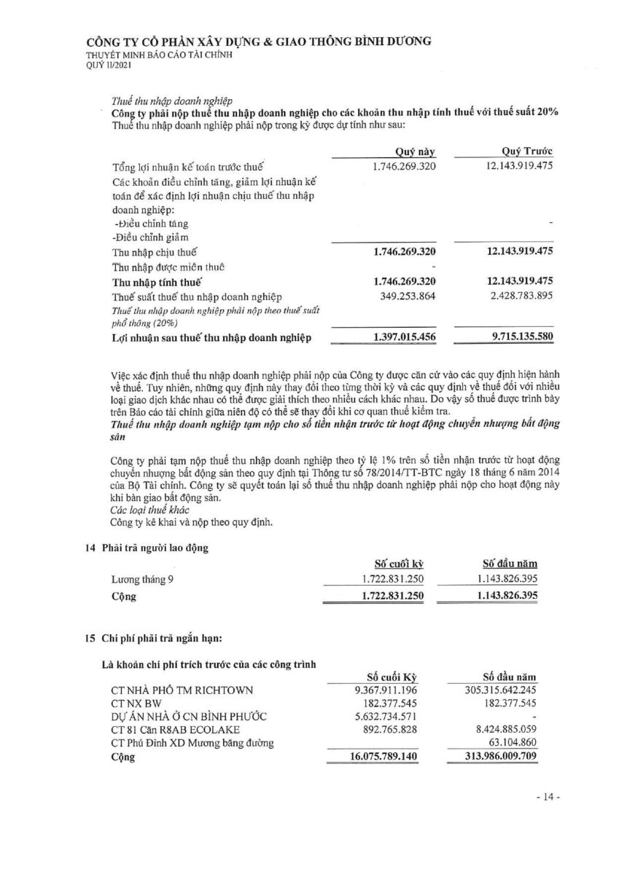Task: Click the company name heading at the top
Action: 258,42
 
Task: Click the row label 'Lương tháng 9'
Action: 142,580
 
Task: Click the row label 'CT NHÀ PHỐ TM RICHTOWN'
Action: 182,690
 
